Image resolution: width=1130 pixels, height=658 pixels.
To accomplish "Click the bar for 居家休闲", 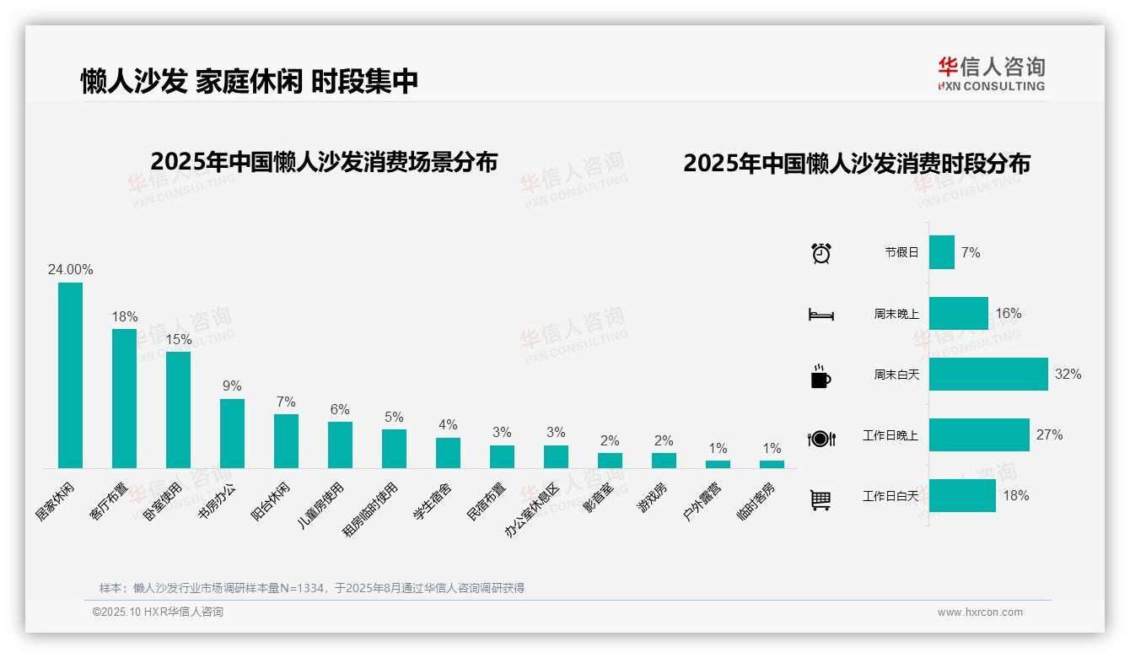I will (x=70, y=375).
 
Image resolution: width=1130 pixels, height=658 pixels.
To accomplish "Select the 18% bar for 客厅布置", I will (x=124, y=398).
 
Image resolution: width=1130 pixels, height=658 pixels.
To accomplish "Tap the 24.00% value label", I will (x=70, y=270).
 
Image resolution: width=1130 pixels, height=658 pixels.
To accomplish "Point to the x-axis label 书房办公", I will (x=218, y=504).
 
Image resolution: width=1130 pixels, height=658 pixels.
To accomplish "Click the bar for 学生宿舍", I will (x=448, y=453).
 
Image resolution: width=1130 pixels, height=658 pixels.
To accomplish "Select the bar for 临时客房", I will (x=772, y=464).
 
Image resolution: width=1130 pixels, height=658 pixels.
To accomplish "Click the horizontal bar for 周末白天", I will (x=987, y=374).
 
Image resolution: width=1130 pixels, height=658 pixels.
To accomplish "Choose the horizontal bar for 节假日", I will (x=941, y=252).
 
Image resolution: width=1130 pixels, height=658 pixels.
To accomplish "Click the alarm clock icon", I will (x=821, y=253).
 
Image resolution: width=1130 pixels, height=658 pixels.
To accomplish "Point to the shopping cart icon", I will (x=821, y=500).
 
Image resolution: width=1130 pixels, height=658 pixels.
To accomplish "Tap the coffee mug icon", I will (x=821, y=376).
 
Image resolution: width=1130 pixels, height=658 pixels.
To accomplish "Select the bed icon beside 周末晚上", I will (x=821, y=315).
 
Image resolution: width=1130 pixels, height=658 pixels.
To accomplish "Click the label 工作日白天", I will (x=890, y=496).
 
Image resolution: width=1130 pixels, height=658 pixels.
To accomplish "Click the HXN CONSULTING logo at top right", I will (x=991, y=74).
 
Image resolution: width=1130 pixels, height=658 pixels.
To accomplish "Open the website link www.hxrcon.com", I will (x=980, y=612).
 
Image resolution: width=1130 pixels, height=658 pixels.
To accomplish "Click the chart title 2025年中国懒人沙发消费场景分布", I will (x=324, y=162).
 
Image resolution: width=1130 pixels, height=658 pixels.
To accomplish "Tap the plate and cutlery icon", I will (x=821, y=438).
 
